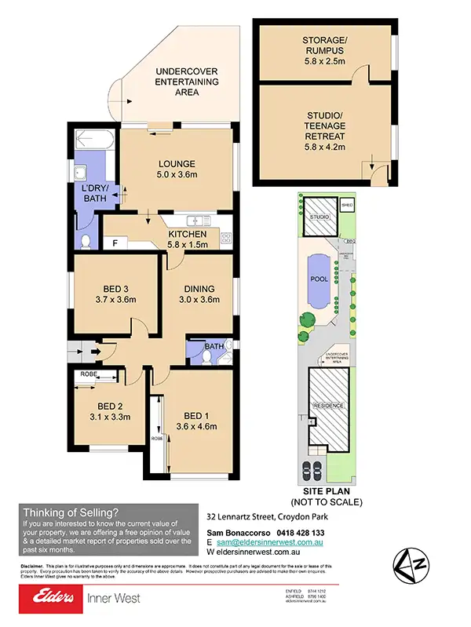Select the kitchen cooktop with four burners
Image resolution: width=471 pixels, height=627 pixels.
[226, 236]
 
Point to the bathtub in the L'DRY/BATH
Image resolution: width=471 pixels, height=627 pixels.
[92, 141]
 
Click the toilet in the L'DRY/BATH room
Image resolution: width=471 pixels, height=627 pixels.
[86, 239]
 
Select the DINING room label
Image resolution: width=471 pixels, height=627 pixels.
[199, 287]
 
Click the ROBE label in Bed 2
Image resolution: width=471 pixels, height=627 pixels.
[89, 376]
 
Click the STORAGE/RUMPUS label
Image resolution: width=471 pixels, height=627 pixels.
[325, 46]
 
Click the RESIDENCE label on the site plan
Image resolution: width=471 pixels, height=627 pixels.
[327, 405]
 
